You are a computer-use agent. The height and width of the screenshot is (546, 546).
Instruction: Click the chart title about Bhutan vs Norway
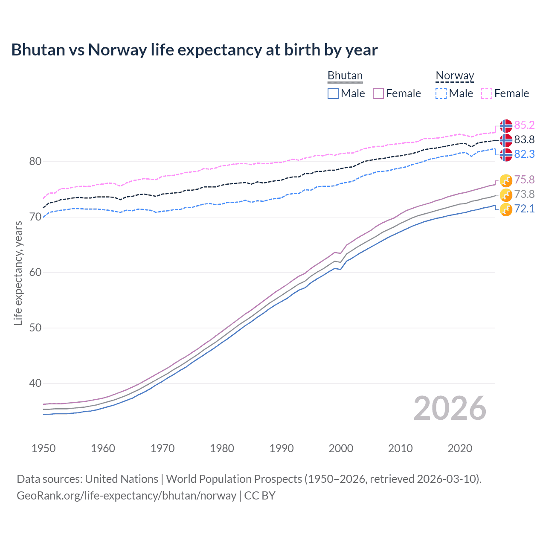pyautogui.click(x=195, y=50)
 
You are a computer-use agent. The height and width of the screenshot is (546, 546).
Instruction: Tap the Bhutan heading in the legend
pyautogui.click(x=345, y=76)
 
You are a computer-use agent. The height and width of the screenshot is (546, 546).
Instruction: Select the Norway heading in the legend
pyautogui.click(x=455, y=76)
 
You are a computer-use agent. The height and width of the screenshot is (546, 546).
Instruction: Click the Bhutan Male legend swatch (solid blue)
pyautogui.click(x=333, y=93)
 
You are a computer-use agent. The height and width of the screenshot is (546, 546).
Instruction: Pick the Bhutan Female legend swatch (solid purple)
pyautogui.click(x=378, y=93)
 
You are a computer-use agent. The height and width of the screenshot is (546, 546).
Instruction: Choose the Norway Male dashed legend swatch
pyautogui.click(x=441, y=93)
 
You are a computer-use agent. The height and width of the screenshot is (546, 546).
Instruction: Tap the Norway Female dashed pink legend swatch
pyautogui.click(x=487, y=93)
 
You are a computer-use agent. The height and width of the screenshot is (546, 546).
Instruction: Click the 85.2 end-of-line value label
pyautogui.click(x=524, y=125)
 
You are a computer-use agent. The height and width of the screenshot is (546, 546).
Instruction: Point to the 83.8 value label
pyautogui.click(x=524, y=139)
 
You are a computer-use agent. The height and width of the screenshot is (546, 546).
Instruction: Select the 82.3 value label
pyautogui.click(x=524, y=154)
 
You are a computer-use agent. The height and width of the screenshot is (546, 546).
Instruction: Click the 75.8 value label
pyautogui.click(x=524, y=180)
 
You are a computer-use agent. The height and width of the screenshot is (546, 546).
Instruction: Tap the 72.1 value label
pyautogui.click(x=524, y=209)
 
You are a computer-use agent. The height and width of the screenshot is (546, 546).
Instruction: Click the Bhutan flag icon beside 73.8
pyautogui.click(x=506, y=195)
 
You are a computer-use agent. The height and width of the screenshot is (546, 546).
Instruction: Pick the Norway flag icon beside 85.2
pyautogui.click(x=506, y=126)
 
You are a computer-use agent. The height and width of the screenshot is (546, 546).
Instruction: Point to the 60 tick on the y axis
pyautogui.click(x=35, y=272)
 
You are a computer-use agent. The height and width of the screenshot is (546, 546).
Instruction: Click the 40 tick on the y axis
pyautogui.click(x=35, y=383)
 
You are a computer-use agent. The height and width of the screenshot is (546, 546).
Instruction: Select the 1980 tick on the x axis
pyautogui.click(x=222, y=448)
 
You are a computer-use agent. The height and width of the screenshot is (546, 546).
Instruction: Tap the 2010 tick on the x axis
pyautogui.click(x=400, y=448)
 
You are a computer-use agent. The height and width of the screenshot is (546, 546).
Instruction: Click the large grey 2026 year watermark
pyautogui.click(x=450, y=408)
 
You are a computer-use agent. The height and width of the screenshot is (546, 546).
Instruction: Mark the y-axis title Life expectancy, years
pyautogui.click(x=18, y=273)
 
